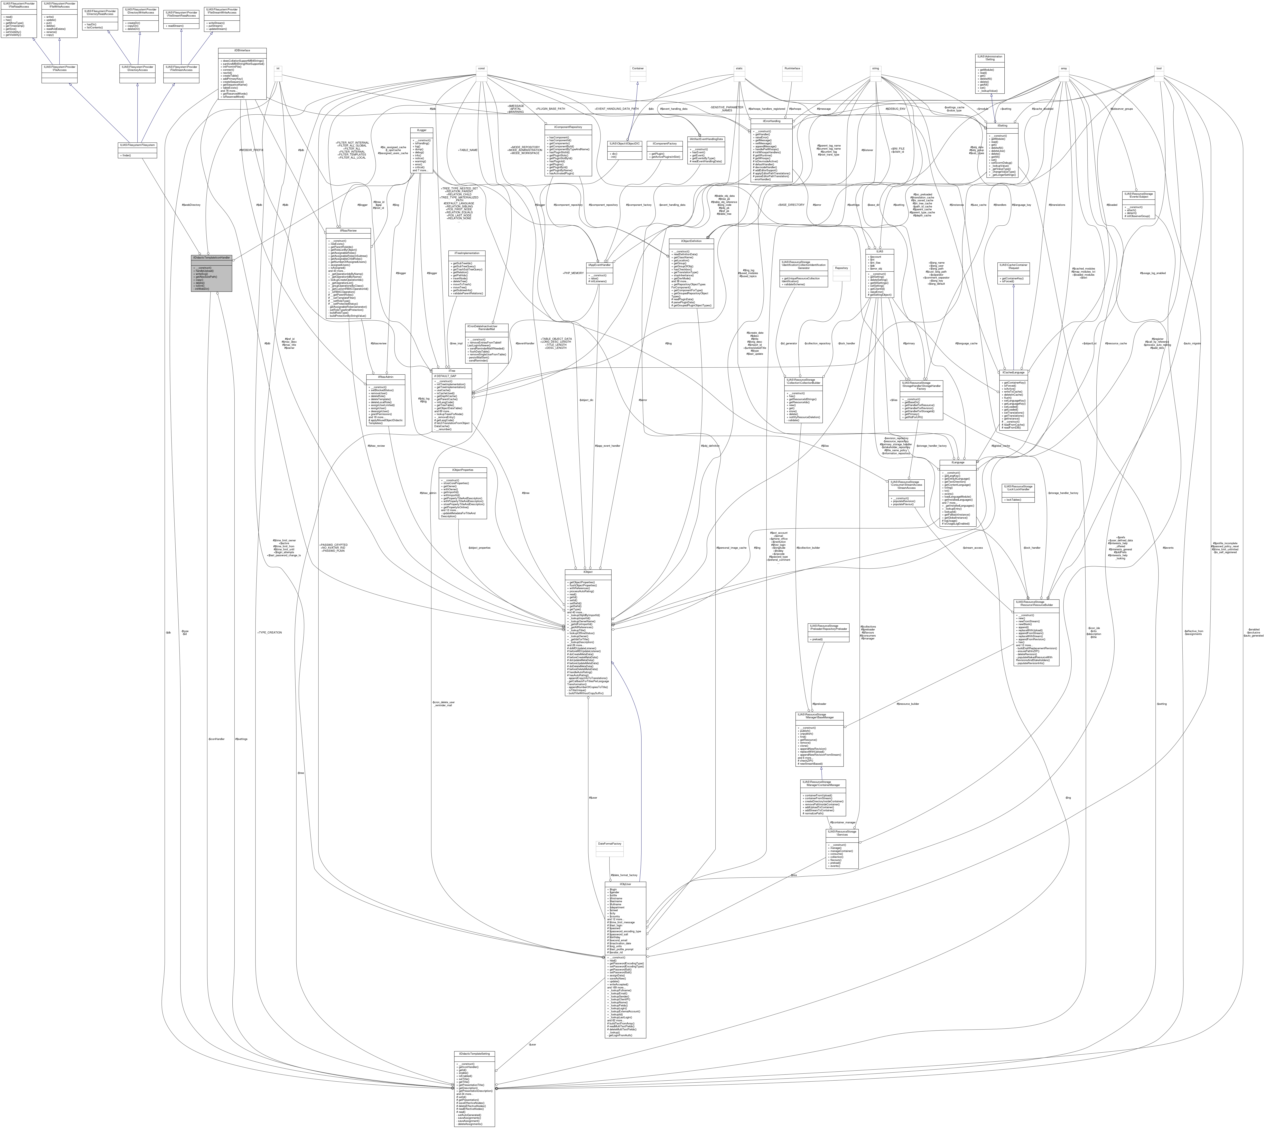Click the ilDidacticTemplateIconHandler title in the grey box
(211, 257)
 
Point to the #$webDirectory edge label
(191, 204)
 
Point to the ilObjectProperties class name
(462, 470)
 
